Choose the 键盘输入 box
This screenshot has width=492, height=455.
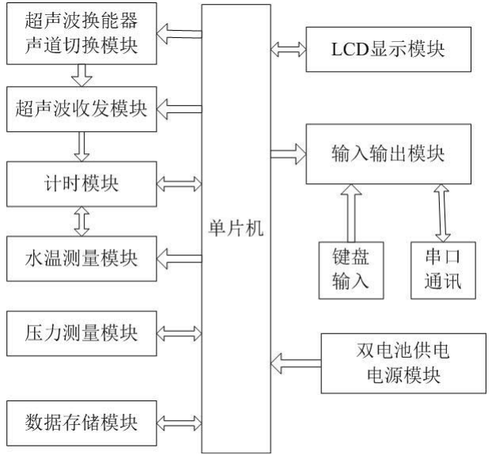pyautogui.click(x=347, y=269)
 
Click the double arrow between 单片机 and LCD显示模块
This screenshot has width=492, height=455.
pyautogui.click(x=287, y=49)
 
